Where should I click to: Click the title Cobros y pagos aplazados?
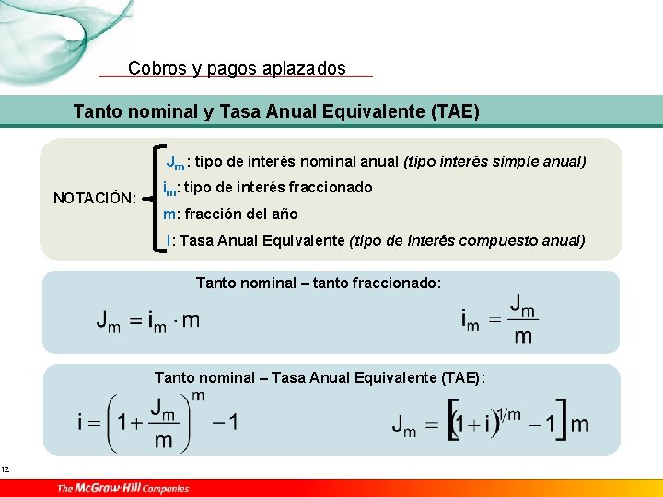[x=237, y=68]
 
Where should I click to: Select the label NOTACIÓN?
[x=95, y=198]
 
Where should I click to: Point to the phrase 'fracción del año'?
[x=238, y=214]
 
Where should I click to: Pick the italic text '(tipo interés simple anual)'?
[x=494, y=162]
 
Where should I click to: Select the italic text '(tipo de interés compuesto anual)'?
[x=467, y=241]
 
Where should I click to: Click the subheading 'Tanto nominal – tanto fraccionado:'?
[x=319, y=283]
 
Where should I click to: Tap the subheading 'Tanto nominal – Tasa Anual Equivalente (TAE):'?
[x=320, y=377]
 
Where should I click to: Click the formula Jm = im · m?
[x=148, y=319]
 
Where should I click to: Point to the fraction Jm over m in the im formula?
[x=523, y=318]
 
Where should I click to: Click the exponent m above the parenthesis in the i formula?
[x=198, y=397]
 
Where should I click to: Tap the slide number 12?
[x=5, y=470]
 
